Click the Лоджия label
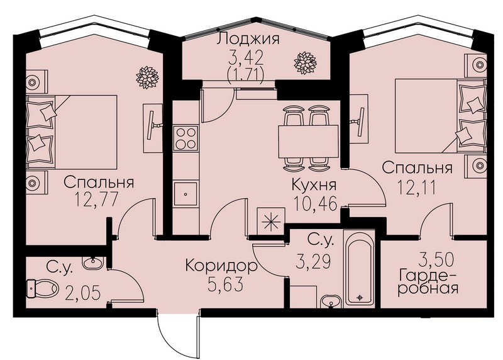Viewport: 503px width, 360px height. (x=248, y=39)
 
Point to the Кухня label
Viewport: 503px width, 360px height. (x=314, y=184)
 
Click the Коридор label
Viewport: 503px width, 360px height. (x=221, y=266)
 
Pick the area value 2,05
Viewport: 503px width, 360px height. (x=83, y=293)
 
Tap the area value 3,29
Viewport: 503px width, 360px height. (x=312, y=261)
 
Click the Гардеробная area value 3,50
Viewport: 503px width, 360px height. (x=436, y=260)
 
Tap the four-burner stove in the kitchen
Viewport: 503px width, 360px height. (x=185, y=138)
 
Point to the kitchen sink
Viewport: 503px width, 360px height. (x=185, y=194)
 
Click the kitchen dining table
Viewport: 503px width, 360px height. (x=308, y=142)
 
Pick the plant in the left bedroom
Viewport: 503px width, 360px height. (x=147, y=77)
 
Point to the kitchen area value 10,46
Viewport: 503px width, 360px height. (x=316, y=203)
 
